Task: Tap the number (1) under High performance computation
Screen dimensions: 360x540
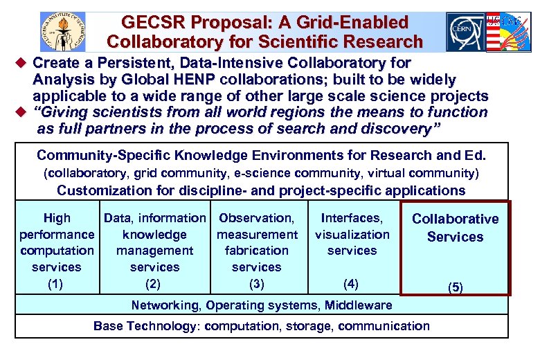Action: tap(57, 283)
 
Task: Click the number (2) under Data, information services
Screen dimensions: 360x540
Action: tap(154, 283)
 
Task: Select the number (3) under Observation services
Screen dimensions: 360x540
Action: tap(257, 283)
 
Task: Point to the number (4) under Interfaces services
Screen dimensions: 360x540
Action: tap(352, 283)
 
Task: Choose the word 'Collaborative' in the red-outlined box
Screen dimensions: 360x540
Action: tap(455, 219)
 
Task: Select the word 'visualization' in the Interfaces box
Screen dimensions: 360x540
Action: tap(352, 235)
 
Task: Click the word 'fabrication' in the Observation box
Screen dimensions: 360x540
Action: tap(257, 251)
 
